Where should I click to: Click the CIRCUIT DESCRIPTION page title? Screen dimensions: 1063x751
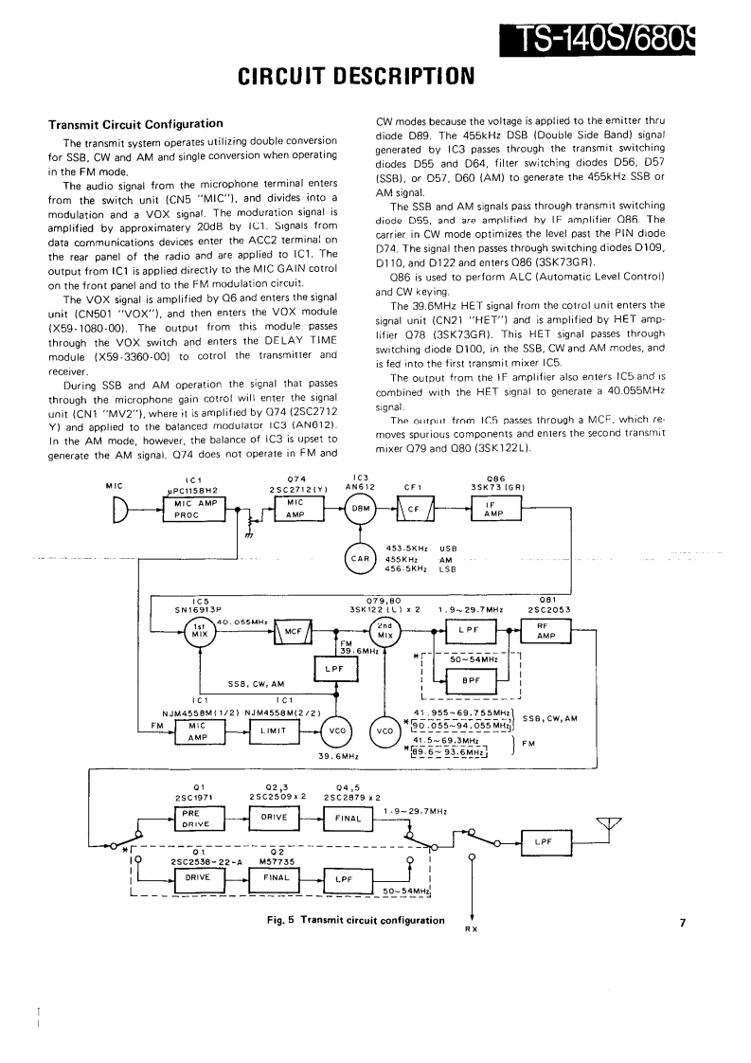point(355,74)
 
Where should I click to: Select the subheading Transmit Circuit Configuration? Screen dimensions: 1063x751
point(135,124)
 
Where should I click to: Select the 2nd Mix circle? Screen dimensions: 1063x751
point(385,632)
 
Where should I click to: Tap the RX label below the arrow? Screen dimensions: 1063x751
point(471,928)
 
